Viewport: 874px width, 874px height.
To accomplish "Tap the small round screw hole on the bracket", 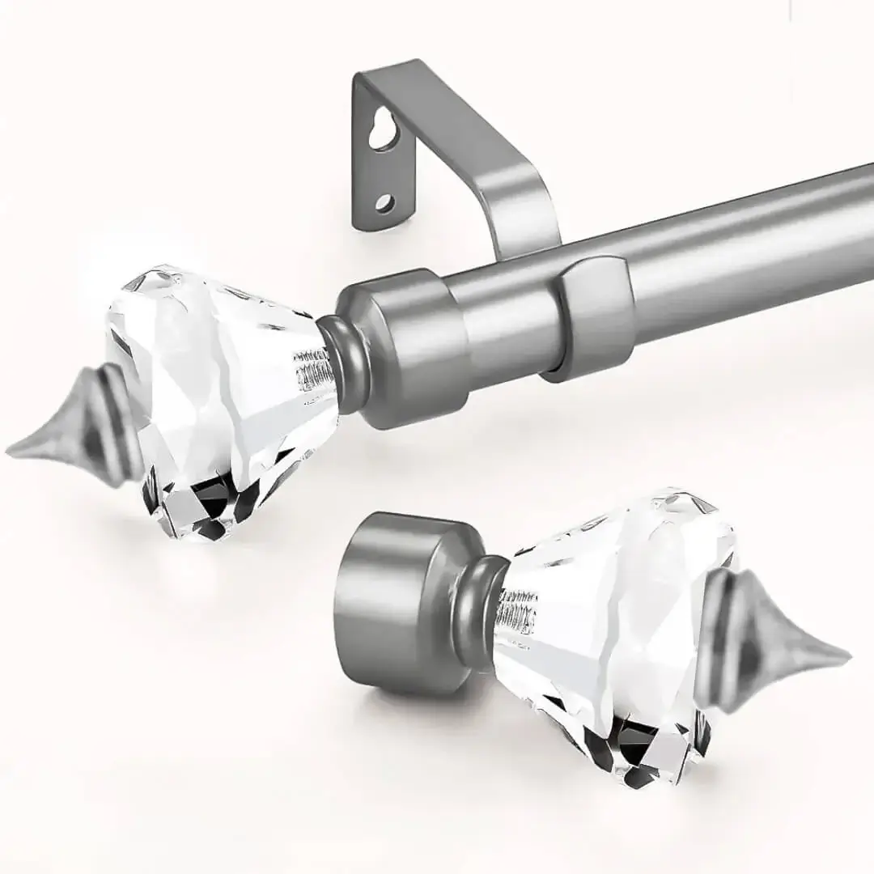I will point(384,202).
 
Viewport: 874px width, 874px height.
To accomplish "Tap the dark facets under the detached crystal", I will point(639,749).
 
